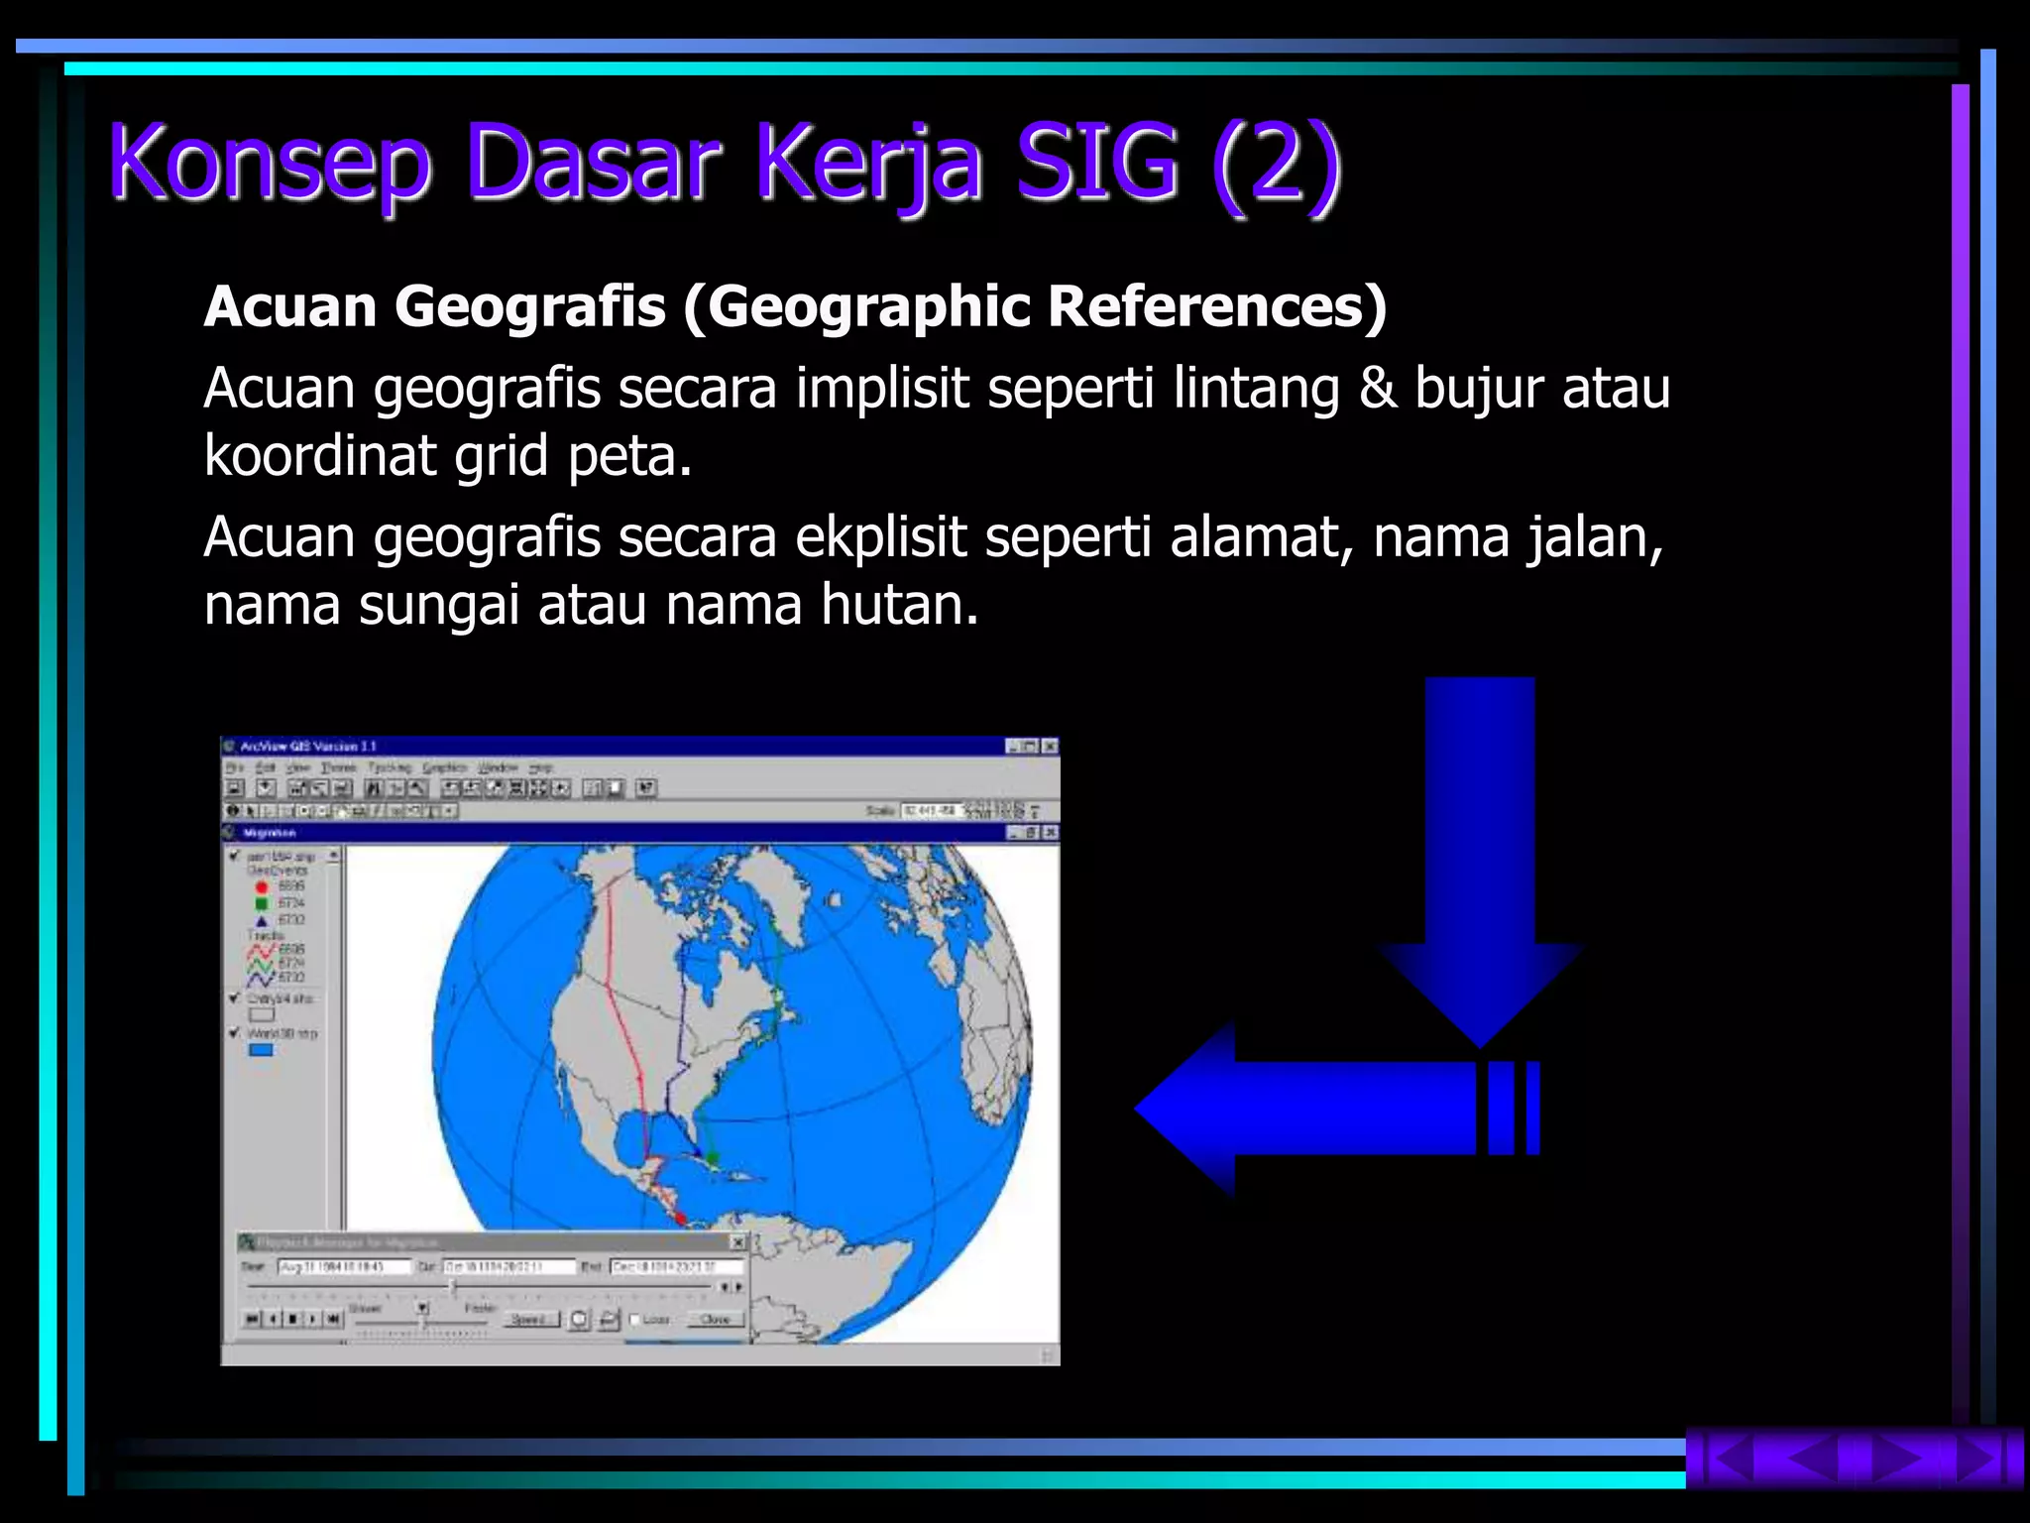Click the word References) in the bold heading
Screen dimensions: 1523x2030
click(1217, 306)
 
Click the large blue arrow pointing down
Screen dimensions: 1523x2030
click(1480, 853)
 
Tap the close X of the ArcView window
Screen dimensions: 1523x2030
click(1050, 747)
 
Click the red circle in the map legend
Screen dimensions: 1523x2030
click(262, 886)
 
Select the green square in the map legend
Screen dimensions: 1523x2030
click(262, 903)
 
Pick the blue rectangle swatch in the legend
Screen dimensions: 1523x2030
click(261, 1050)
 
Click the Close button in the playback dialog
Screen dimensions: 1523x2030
click(715, 1320)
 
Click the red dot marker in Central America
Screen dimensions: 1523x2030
click(681, 1218)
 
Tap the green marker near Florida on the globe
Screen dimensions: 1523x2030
click(712, 1157)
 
